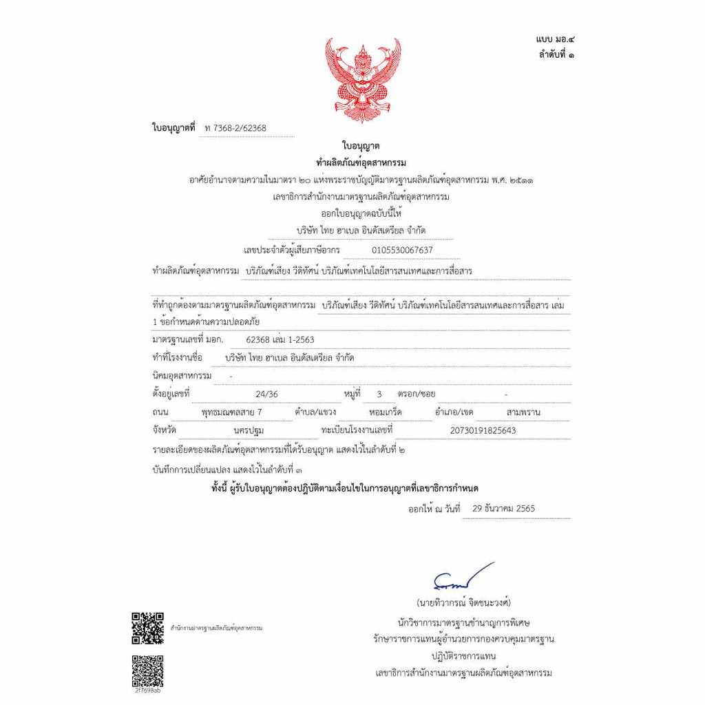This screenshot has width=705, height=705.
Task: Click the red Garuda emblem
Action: click(x=363, y=79)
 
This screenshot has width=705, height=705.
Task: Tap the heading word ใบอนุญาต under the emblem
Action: click(x=361, y=146)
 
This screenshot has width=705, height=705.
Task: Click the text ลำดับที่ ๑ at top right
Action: click(x=556, y=55)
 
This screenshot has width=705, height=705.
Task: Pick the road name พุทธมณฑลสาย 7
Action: click(x=231, y=412)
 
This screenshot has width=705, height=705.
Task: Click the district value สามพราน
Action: click(x=523, y=412)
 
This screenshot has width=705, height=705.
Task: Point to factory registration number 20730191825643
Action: click(x=482, y=430)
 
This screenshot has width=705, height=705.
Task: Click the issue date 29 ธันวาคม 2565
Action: click(x=503, y=509)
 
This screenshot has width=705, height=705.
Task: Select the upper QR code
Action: click(x=147, y=627)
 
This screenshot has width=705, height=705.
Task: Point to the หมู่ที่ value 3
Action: click(x=379, y=394)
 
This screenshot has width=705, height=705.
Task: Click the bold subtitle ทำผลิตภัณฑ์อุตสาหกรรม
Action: click(x=361, y=162)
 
